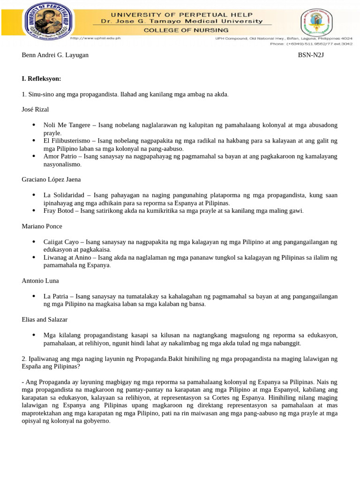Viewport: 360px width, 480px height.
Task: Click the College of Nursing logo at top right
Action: [x=316, y=22]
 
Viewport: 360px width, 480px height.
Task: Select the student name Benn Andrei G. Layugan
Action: [x=55, y=55]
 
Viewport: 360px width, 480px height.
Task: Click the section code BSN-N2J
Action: [x=311, y=55]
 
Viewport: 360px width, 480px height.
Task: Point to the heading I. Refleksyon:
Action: [x=41, y=79]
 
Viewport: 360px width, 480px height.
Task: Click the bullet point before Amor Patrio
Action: [x=34, y=156]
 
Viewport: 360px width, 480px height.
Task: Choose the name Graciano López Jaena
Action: [x=51, y=179]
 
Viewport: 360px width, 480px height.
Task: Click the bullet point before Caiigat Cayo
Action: [x=34, y=241]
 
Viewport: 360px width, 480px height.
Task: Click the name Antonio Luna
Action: [x=40, y=280]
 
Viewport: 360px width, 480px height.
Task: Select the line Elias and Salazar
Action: [x=45, y=319]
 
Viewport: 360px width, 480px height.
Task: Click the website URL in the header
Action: [x=96, y=38]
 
